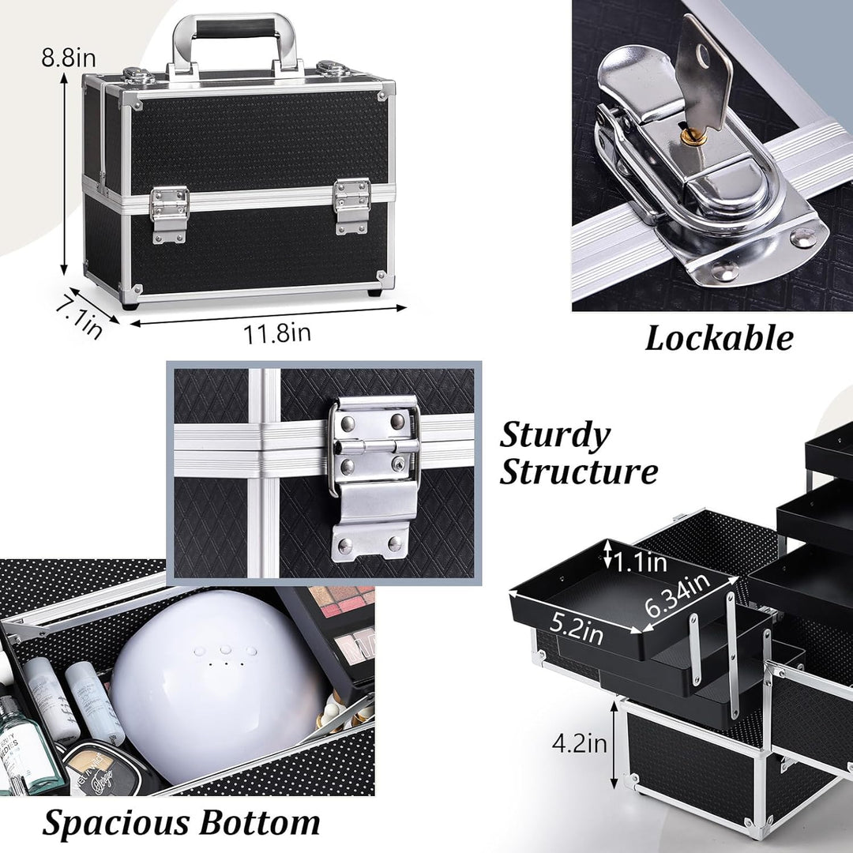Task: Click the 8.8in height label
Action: pos(69,57)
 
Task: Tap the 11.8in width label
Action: pos(277,333)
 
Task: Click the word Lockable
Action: pos(719,339)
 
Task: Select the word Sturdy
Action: pos(555,436)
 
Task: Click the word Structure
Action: pos(578,471)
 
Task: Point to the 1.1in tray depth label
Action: pos(641,562)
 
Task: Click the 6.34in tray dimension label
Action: pos(678,595)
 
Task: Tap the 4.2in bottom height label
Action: pos(580,743)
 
